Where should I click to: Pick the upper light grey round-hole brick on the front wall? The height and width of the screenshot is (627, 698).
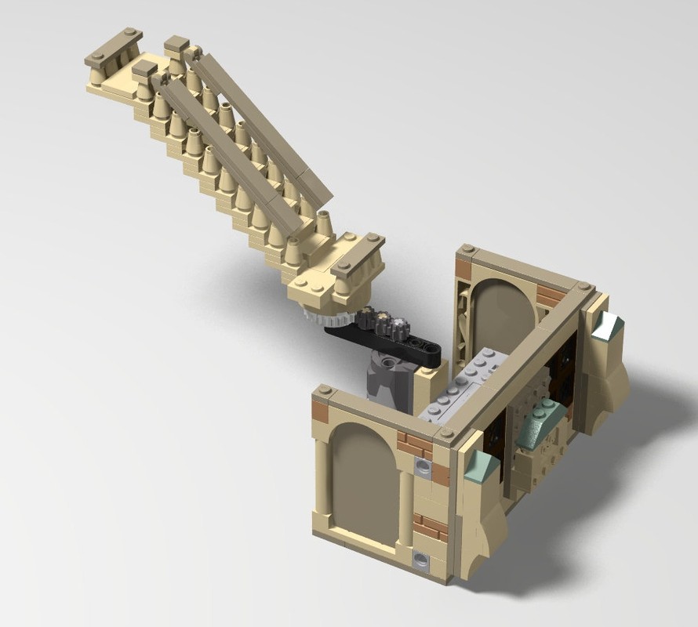click(424, 468)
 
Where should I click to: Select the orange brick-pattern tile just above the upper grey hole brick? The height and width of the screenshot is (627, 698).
click(415, 444)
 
